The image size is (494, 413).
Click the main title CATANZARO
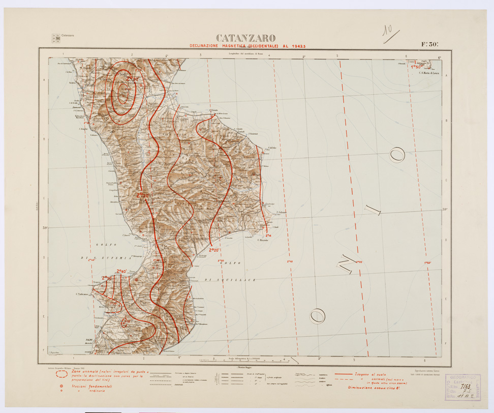pyautogui.click(x=246, y=38)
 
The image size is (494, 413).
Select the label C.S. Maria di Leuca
pyautogui.click(x=428, y=72)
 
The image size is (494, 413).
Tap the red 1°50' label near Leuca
pyautogui.click(x=418, y=66)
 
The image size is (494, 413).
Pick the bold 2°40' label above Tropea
pyautogui.click(x=121, y=271)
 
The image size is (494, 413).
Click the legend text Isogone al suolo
pyautogui.click(x=367, y=374)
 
